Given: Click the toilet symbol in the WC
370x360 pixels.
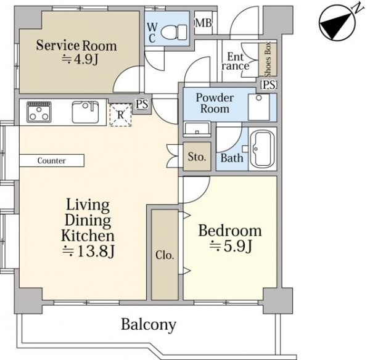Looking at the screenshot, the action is click(174, 32).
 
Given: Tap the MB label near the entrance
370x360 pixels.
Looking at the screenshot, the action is click(203, 23).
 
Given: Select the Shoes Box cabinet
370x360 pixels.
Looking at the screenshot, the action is click(268, 59).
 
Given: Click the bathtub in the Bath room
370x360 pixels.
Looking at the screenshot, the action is click(263, 149).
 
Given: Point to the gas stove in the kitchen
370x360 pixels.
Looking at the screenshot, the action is click(39, 112).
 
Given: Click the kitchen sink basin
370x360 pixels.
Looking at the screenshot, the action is click(85, 112).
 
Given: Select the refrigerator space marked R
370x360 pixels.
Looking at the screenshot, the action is click(120, 115).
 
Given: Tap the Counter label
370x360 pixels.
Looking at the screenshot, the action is click(51, 161).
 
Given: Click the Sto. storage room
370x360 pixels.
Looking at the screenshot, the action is click(197, 157).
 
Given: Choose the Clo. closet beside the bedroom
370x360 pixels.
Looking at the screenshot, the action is click(165, 255).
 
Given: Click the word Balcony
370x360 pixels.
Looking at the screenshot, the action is click(149, 325).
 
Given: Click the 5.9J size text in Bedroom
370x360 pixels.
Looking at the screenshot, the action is click(231, 246).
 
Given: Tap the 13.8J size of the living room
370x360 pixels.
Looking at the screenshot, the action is click(88, 251).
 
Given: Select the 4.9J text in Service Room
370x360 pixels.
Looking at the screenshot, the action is click(80, 59).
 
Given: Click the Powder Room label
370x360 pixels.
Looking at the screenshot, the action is click(215, 103).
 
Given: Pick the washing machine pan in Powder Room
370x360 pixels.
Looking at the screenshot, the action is click(258, 107).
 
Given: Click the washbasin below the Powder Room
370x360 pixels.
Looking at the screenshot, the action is click(197, 129).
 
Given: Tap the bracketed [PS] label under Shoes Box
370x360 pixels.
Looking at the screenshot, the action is click(268, 84).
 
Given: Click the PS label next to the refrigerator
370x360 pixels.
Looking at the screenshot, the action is click(142, 104).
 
